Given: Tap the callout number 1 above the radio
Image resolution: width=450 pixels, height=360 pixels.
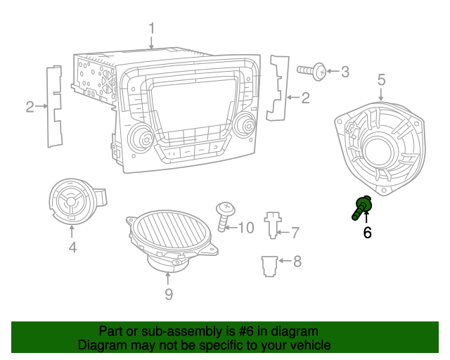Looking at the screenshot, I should coord(151,29).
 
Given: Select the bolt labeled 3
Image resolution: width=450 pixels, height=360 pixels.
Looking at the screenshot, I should coord(313,70).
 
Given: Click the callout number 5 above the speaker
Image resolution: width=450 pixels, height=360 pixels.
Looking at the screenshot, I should coord(381,80).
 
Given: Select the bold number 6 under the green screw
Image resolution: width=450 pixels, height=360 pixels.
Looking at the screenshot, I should coord(367,233).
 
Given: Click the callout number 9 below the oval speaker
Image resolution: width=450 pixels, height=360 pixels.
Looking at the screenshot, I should coord(168,295).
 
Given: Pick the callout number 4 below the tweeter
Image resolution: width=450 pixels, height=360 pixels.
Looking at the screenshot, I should coord(72,247).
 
